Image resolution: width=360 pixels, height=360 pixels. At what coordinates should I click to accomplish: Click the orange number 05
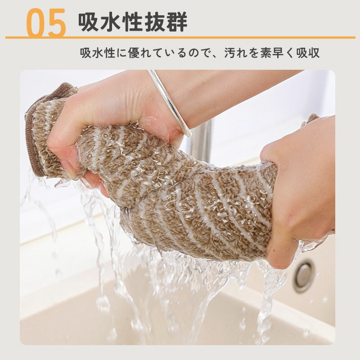pyautogui.click(x=46, y=22)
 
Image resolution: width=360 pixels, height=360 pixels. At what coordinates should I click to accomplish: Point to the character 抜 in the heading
pyautogui.click(x=155, y=22)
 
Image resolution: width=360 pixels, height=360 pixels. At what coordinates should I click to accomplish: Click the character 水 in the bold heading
pyautogui.click(x=111, y=22)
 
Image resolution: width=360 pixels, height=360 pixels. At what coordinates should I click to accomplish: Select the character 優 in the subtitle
pyautogui.click(x=134, y=53)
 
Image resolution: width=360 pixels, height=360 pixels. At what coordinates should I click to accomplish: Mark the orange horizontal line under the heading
pyautogui.click(x=180, y=37)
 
